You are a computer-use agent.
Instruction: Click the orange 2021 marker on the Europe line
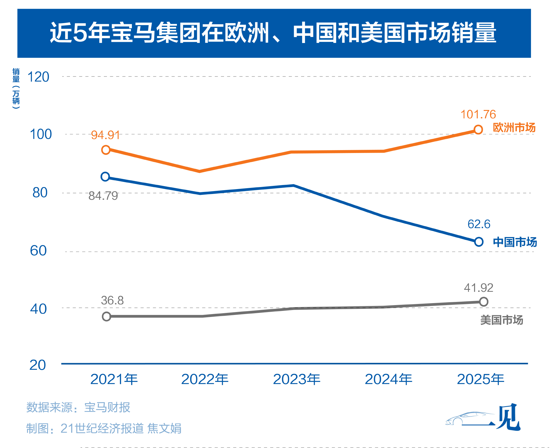click(106, 150)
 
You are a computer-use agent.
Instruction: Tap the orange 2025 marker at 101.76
click(478, 130)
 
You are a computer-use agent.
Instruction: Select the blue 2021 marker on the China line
click(105, 177)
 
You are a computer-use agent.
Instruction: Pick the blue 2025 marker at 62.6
click(479, 242)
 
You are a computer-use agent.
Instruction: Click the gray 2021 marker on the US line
click(106, 316)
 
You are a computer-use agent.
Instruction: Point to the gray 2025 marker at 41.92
click(483, 302)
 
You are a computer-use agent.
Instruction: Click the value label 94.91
click(105, 135)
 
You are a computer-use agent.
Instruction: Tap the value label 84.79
click(103, 196)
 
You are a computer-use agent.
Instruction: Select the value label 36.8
click(112, 300)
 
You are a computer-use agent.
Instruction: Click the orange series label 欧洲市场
click(514, 128)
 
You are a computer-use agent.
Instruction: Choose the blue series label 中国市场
click(515, 242)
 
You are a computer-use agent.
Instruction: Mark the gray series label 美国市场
click(502, 320)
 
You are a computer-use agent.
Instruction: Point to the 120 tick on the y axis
click(38, 77)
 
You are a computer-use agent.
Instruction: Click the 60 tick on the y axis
click(38, 251)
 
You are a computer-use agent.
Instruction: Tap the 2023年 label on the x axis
click(297, 379)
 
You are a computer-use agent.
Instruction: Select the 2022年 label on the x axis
click(205, 379)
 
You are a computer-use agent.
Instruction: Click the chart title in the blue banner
click(273, 33)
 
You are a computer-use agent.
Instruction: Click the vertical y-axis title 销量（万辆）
click(16, 88)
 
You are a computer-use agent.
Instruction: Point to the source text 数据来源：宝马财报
click(78, 407)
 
